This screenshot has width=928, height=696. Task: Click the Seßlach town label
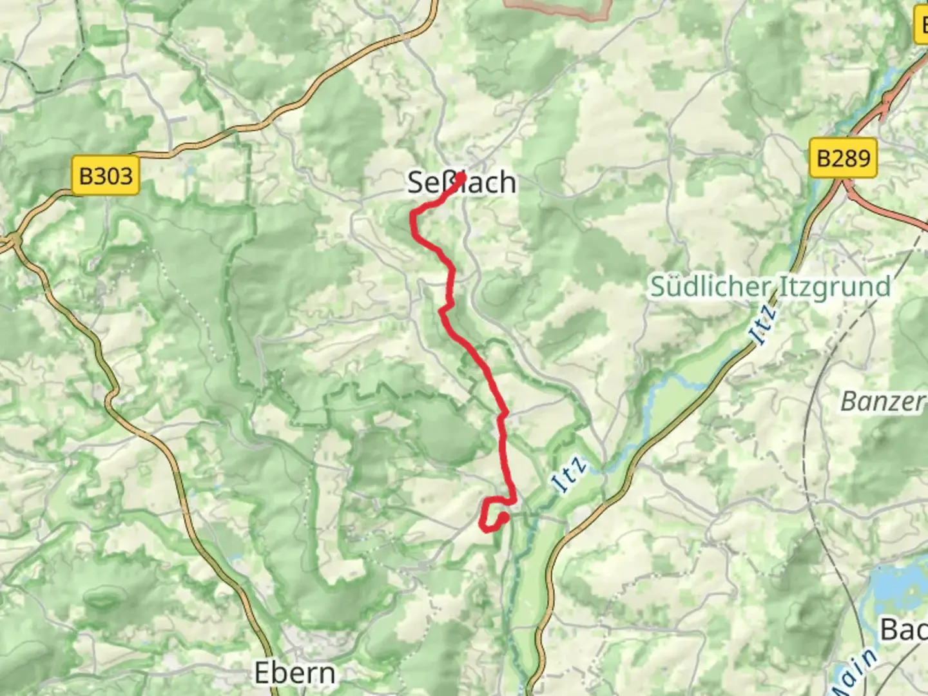coord(461,183)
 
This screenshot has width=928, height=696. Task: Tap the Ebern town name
coord(295,673)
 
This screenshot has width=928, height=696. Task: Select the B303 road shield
coord(106,175)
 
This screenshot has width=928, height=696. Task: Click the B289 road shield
coord(843,158)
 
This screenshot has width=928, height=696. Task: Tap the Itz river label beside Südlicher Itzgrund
coord(763,325)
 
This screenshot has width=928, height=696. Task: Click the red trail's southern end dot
coord(503,517)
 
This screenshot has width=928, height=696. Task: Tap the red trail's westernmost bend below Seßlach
coord(413,219)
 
